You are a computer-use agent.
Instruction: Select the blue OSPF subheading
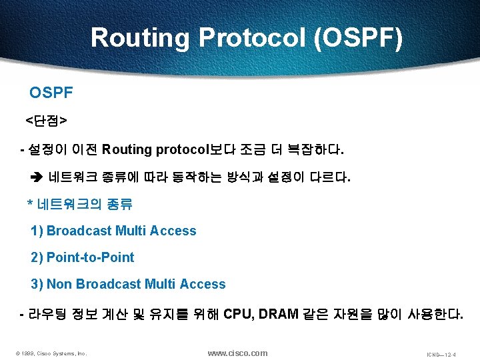(51, 93)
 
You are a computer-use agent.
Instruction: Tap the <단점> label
(45, 121)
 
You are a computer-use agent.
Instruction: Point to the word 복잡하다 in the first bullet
(320, 150)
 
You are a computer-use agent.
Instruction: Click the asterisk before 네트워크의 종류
(29, 204)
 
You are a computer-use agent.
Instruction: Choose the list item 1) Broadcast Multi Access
(113, 231)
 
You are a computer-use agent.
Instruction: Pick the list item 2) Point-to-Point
(83, 257)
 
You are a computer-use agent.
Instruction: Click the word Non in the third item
(59, 284)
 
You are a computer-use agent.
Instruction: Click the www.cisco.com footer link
(237, 353)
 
